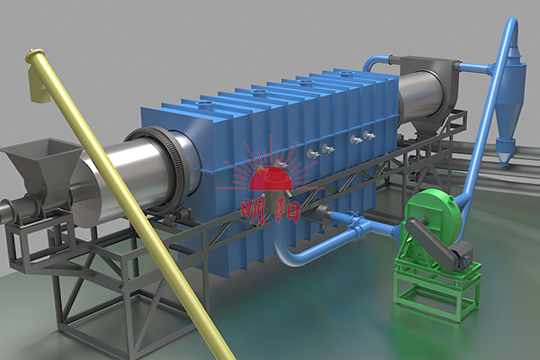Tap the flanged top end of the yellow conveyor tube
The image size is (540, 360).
pos(31,55)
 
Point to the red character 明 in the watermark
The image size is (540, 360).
pos(254,211)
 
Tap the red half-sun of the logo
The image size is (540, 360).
pos(271,178)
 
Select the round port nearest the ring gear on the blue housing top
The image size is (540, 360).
pos(206,104)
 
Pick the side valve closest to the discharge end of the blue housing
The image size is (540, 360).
pos(369,135)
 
